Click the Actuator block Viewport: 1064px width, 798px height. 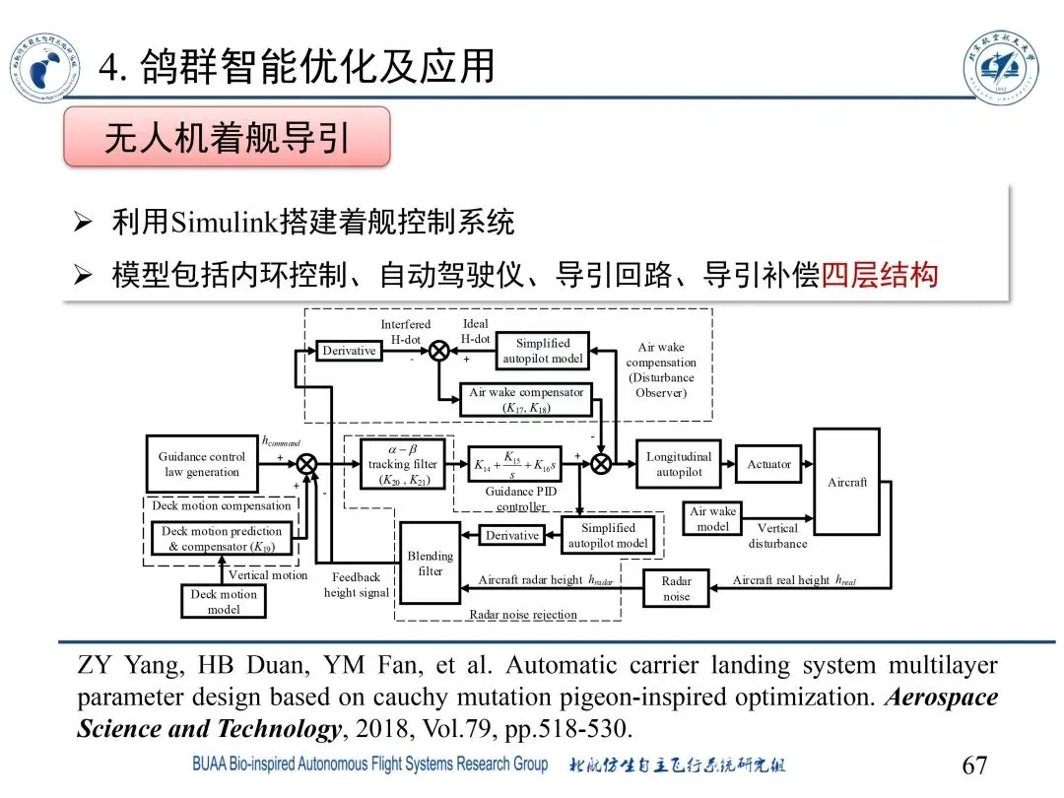tap(768, 464)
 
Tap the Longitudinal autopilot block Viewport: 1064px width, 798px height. tap(679, 464)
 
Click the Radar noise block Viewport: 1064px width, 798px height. tap(676, 588)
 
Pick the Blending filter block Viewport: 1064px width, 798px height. tap(431, 563)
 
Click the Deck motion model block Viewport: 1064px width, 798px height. tap(224, 601)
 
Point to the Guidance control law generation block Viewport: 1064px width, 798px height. tap(202, 464)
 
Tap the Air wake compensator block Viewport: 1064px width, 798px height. tap(527, 399)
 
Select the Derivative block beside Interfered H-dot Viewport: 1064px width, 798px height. tap(350, 351)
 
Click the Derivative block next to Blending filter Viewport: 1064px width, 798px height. tap(512, 535)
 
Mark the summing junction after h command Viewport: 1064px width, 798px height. tap(306, 464)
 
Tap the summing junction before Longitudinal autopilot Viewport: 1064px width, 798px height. tap(600, 464)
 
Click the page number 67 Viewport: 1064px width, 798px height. tap(973, 765)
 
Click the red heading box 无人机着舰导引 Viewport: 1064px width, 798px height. tap(228, 137)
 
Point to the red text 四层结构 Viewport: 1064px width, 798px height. tap(880, 274)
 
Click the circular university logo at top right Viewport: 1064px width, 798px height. tap(1000, 66)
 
